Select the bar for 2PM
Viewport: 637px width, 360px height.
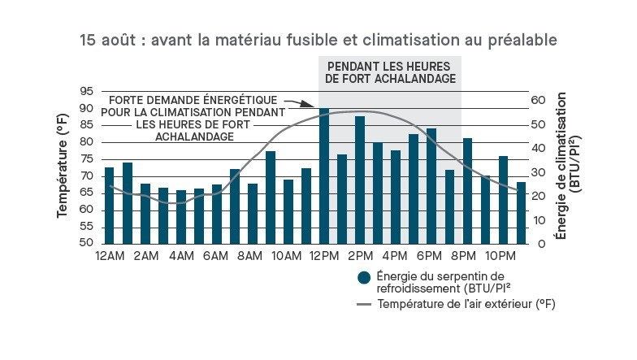[360, 180]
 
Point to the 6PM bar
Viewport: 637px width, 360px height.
[431, 186]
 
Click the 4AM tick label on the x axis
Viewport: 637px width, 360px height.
[181, 257]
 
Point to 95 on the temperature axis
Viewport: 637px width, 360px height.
[86, 91]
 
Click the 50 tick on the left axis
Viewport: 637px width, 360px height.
[86, 244]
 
